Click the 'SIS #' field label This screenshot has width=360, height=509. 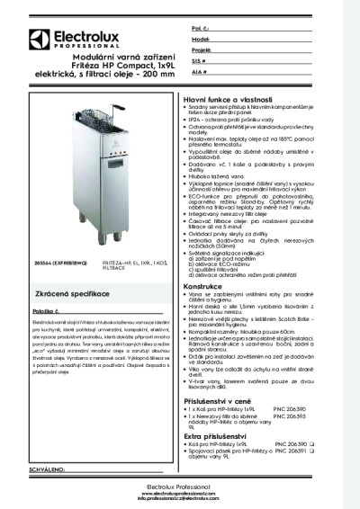pos(197,61)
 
